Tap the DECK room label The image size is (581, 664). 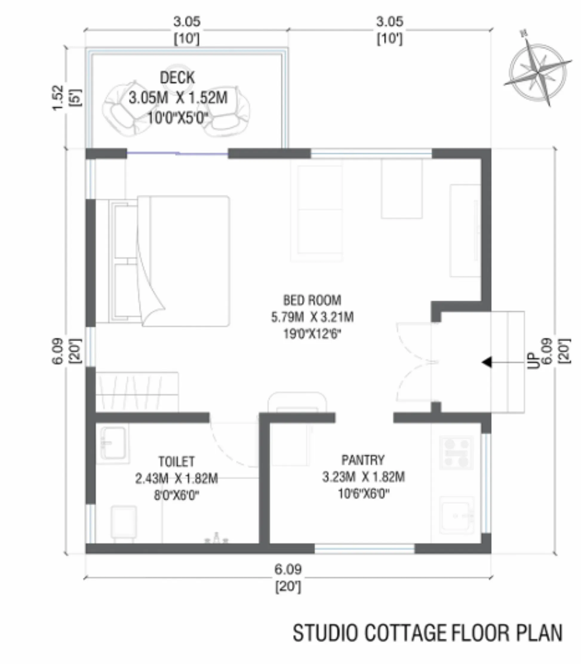click(x=177, y=78)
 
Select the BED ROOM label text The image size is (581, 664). click(x=312, y=301)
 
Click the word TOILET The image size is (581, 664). click(x=176, y=461)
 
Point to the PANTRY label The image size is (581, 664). click(x=363, y=460)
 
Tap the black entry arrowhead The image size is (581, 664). click(x=487, y=362)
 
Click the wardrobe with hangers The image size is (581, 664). click(x=137, y=392)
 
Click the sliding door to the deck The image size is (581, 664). click(x=177, y=153)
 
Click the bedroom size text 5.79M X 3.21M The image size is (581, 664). click(x=312, y=317)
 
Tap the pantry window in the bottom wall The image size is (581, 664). click(x=365, y=549)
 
